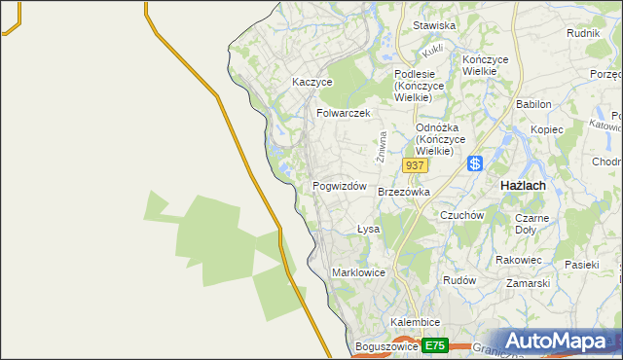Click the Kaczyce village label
(x=312, y=83)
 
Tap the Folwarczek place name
(x=343, y=113)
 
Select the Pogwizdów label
(x=339, y=186)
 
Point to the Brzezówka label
(x=403, y=193)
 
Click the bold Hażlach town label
(x=522, y=185)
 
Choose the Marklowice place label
(x=358, y=272)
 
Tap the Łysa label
(x=367, y=230)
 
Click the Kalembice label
(x=416, y=322)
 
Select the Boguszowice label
(x=387, y=345)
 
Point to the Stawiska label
(x=434, y=25)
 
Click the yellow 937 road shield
(x=415, y=166)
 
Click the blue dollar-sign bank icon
(x=475, y=164)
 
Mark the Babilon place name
(x=533, y=104)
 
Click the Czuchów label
(x=462, y=215)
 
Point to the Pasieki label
(x=581, y=264)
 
